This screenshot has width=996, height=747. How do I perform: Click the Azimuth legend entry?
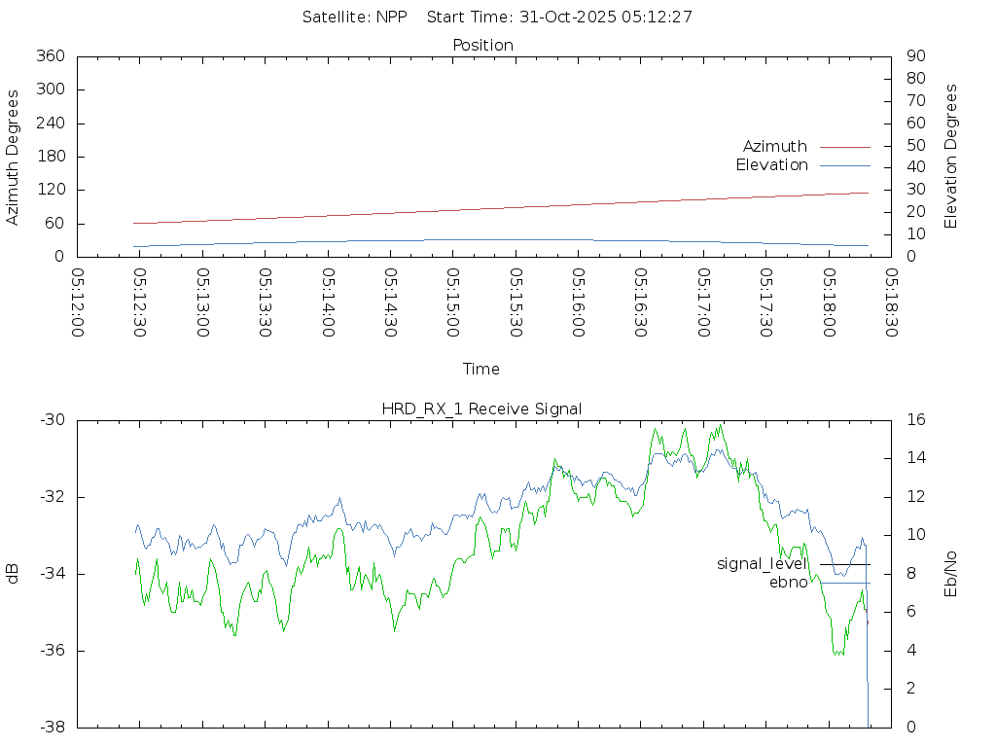point(775,146)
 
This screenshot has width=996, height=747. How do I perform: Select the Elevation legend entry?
point(772,165)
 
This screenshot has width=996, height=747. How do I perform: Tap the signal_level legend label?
point(763,564)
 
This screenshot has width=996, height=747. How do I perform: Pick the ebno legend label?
point(789,583)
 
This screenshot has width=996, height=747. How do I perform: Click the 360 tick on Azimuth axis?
point(50,56)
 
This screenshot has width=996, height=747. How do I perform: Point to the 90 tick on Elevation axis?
point(914,56)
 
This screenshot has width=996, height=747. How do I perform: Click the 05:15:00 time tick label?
point(453,303)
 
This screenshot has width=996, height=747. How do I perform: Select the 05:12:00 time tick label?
point(78,303)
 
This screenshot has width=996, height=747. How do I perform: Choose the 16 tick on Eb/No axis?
point(915,420)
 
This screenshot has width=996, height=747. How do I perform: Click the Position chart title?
point(483,45)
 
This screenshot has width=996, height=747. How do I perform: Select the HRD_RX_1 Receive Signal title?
point(482,409)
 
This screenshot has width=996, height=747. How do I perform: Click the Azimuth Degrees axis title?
point(13,158)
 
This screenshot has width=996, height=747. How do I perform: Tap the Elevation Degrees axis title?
point(951,156)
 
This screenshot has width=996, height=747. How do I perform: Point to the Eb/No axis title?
point(951,574)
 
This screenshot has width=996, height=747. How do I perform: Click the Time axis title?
point(481,369)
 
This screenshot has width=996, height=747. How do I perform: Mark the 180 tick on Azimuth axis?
point(50,157)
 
